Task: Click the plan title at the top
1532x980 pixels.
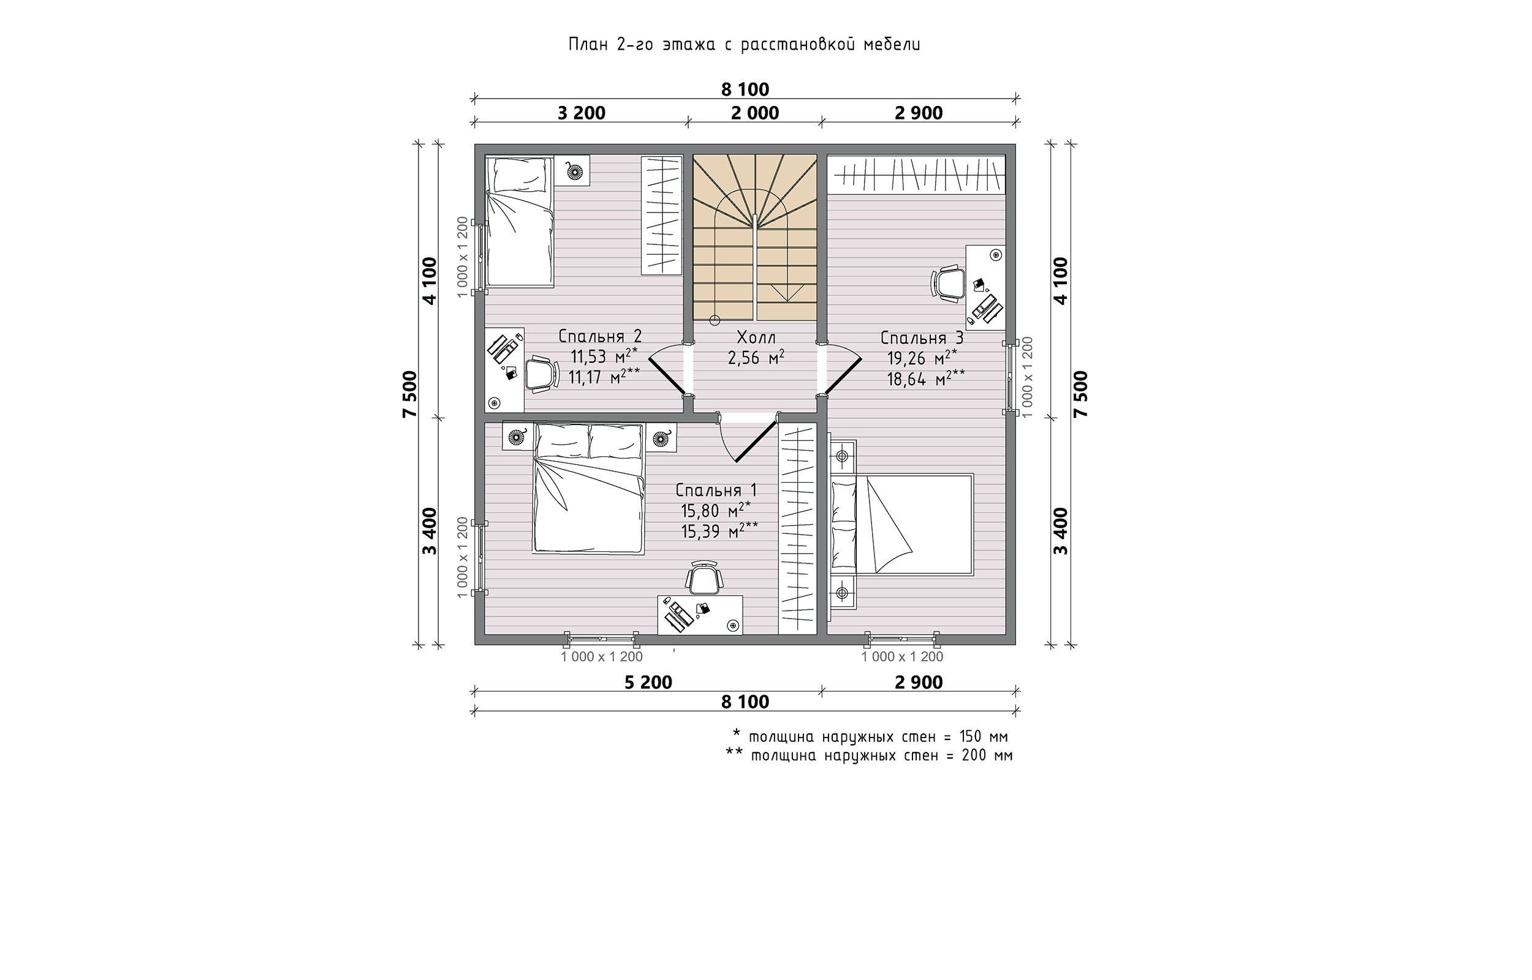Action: [x=744, y=45]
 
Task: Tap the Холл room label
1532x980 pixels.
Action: [x=756, y=337]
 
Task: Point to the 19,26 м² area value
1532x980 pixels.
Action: [x=922, y=358]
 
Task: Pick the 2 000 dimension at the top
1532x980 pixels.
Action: [x=755, y=113]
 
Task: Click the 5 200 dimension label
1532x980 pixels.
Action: [x=648, y=682]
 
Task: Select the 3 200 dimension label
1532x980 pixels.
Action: [x=581, y=113]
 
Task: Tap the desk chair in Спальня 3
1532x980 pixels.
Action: [x=949, y=284]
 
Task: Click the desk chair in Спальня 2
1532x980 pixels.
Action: [x=542, y=374]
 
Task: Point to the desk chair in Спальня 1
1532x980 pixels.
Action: [x=704, y=577]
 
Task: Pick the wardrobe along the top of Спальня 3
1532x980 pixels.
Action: [x=916, y=174]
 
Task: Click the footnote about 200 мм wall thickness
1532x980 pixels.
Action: [x=870, y=755]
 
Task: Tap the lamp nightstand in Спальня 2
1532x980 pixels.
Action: [x=575, y=171]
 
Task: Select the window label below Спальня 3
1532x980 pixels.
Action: [x=902, y=657]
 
